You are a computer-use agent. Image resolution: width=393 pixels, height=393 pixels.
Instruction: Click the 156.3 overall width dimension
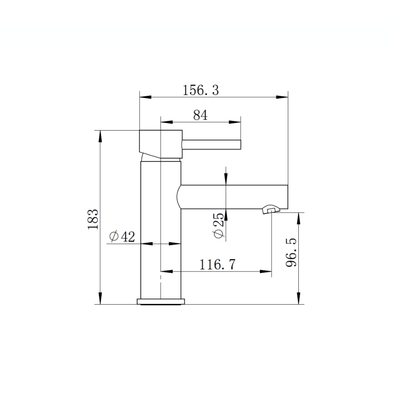click(201, 90)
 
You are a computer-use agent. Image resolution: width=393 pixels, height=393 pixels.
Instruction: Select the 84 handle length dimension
click(200, 115)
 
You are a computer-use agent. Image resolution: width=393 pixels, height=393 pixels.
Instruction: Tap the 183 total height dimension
click(93, 219)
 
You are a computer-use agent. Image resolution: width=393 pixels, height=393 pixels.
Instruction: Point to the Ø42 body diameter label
click(122, 237)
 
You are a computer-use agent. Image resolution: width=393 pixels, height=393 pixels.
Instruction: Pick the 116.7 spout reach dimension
click(217, 264)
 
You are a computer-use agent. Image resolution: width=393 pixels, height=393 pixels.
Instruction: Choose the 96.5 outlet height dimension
click(291, 253)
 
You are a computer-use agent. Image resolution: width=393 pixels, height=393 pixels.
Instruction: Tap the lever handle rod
click(211, 144)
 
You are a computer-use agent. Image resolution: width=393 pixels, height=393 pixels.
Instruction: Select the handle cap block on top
click(160, 144)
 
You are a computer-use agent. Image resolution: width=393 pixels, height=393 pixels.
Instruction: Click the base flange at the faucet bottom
click(160, 301)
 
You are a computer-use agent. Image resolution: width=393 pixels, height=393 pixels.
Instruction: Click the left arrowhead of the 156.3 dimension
click(145, 97)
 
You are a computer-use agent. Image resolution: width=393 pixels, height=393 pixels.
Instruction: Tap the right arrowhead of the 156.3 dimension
click(282, 97)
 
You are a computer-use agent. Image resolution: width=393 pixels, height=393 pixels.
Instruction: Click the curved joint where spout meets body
click(178, 197)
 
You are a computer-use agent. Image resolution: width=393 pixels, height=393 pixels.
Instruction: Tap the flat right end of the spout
click(287, 197)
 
